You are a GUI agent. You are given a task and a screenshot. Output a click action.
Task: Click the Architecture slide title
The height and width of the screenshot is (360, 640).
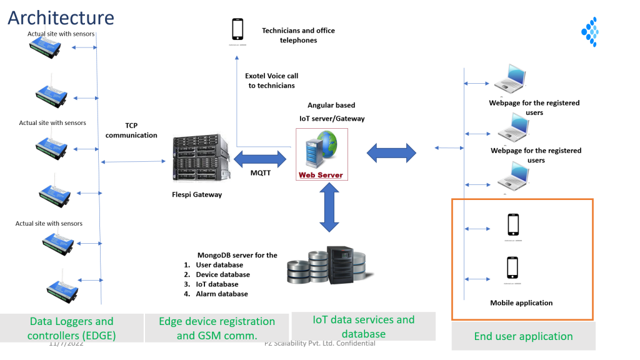coord(61,17)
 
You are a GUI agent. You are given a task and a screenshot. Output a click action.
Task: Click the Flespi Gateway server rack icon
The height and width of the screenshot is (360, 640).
coord(197,160)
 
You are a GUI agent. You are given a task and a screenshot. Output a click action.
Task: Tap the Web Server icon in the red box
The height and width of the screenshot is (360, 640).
coord(321,154)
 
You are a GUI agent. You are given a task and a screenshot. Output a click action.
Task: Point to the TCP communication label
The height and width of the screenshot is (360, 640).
coord(131,130)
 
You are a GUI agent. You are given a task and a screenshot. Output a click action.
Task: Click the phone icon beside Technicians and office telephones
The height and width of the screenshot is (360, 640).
coord(237,29)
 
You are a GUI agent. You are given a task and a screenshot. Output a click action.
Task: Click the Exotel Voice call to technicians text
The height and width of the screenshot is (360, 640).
coord(271,81)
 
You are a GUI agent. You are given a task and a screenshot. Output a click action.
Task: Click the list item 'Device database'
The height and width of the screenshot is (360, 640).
coord(222,274)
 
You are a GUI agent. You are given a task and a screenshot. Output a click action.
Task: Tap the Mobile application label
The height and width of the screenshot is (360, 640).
coord(521,303)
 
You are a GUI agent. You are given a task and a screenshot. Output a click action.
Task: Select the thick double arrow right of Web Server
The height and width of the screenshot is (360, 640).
coord(391,152)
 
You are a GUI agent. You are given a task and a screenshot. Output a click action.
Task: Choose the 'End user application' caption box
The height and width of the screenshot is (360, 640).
coord(523,336)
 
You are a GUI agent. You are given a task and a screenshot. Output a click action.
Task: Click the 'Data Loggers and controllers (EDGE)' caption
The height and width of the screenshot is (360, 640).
coord(72,329)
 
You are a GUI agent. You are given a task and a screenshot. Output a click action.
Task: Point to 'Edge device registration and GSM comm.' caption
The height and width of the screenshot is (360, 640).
coord(217,329)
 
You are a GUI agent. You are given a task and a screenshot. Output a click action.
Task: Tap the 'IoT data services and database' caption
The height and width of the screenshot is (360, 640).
coord(363,327)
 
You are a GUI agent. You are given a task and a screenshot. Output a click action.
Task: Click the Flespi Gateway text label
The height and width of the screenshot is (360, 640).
coord(197,194)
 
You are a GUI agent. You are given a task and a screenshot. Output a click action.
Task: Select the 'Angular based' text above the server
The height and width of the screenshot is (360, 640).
coord(331,106)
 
